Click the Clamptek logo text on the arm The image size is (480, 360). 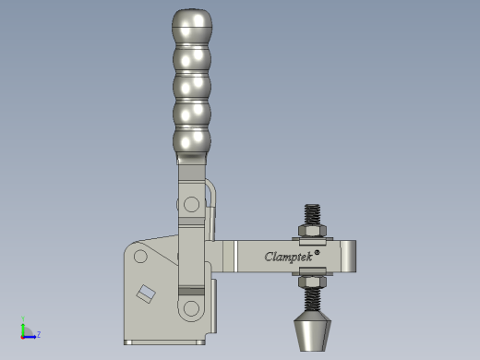coord(289,257)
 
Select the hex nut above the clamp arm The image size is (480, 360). coord(312,231)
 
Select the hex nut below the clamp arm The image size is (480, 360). coord(312,282)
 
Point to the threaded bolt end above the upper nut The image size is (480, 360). coord(312,214)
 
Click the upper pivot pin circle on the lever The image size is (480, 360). coord(191,204)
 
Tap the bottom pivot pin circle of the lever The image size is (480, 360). coord(191,308)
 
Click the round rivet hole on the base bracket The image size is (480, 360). coord(140,257)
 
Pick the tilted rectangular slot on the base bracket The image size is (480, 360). coord(146,294)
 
